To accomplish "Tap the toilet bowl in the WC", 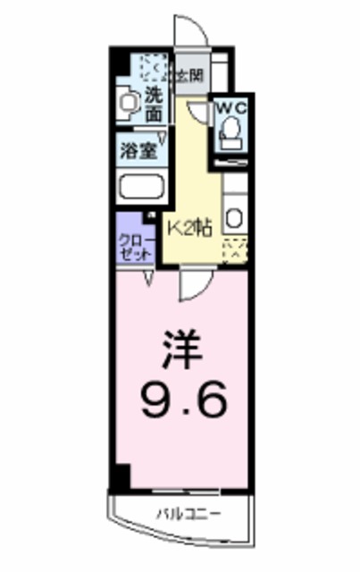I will pyautogui.click(x=231, y=133).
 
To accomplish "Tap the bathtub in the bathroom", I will pyautogui.click(x=141, y=188).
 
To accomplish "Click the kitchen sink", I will pyautogui.click(x=234, y=217).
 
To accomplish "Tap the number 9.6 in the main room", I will pyautogui.click(x=182, y=393).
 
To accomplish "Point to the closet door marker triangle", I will pyautogui.click(x=148, y=280).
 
